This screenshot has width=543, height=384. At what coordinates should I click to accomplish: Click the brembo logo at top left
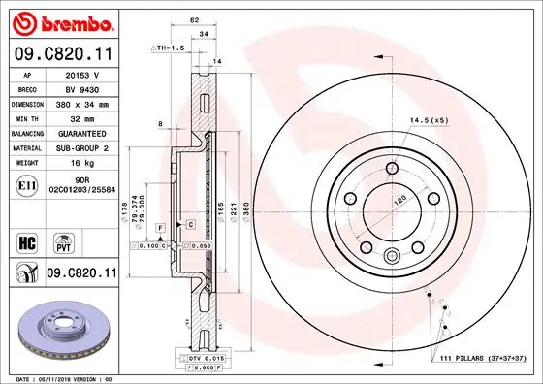61,20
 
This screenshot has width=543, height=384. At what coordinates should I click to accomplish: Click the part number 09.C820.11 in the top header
61,55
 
